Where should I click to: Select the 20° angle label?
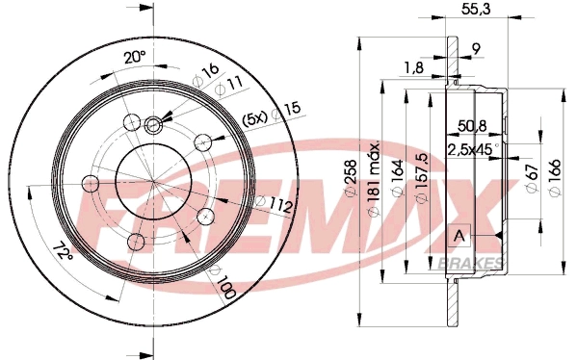[135, 57]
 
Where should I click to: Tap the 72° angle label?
[64, 253]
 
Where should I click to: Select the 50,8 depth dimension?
[472, 125]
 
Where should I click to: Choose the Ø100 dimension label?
[226, 285]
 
